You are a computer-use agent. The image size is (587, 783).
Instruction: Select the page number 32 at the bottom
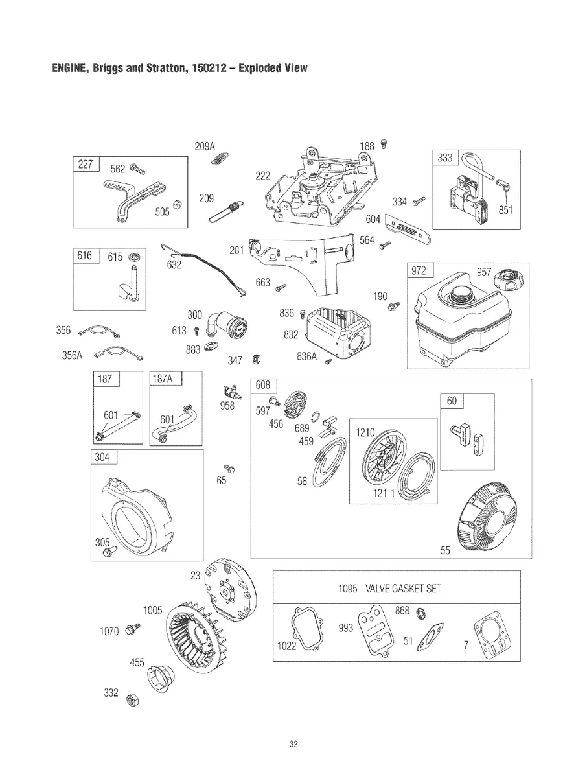293,744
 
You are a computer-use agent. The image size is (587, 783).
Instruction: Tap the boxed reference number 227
86,165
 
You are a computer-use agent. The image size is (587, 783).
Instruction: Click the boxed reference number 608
262,385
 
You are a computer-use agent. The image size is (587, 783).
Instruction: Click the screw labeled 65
228,467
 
